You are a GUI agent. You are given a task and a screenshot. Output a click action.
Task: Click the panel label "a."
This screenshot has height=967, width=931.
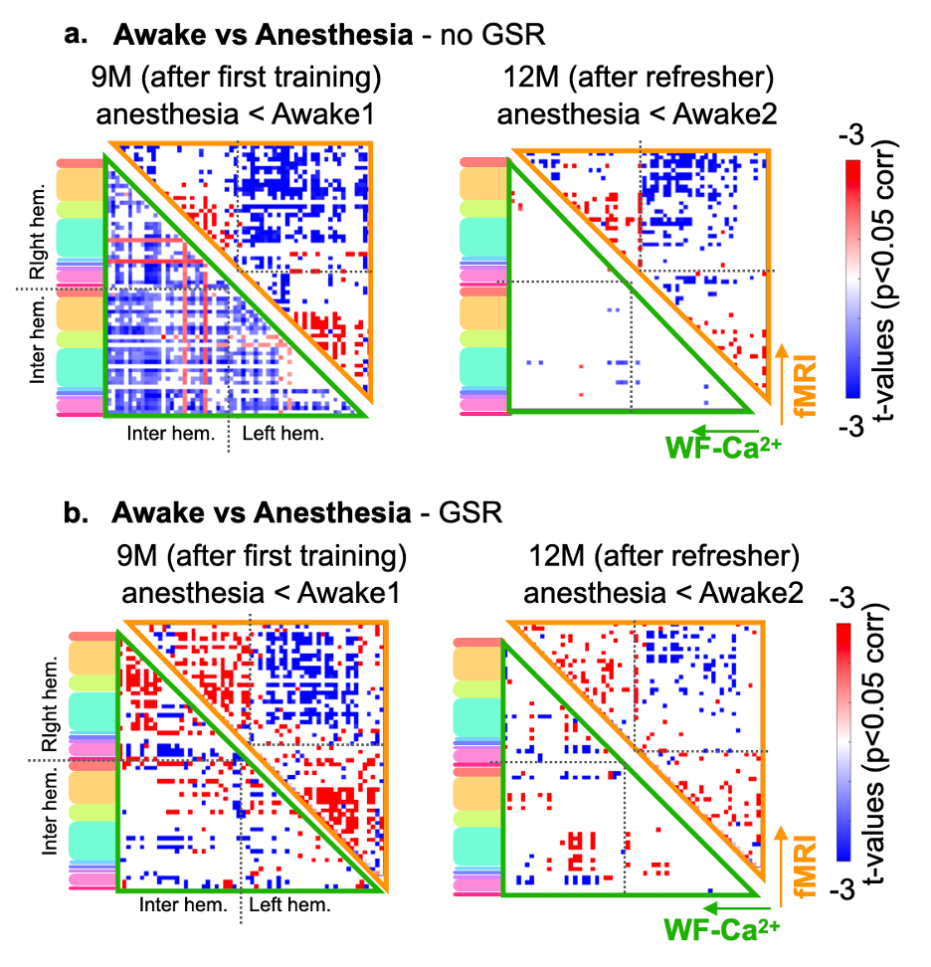[x=76, y=35]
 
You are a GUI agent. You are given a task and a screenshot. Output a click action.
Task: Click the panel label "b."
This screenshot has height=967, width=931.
[x=76, y=513]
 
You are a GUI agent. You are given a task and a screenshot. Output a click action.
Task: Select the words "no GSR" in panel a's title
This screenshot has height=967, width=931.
[x=492, y=35]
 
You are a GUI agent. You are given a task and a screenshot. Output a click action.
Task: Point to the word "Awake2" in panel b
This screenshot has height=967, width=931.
[x=751, y=593]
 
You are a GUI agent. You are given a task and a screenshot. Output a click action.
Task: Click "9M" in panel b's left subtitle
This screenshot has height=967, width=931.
[x=137, y=556]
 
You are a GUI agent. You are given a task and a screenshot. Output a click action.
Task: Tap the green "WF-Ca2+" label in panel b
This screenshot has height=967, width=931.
[x=722, y=929]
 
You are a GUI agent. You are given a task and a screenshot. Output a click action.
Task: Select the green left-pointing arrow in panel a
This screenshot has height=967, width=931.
[x=725, y=431]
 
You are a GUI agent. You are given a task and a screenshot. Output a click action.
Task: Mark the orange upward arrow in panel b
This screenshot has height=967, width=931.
[x=781, y=867]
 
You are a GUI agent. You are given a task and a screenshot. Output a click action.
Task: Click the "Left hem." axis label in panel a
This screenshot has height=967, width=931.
[x=283, y=434]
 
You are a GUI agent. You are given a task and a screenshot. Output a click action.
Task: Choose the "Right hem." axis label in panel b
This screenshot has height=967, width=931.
[x=50, y=703]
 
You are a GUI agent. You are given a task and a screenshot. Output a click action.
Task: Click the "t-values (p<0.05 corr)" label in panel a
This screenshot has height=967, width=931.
[x=885, y=282]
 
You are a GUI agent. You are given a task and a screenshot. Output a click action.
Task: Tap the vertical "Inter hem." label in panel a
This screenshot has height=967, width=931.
[x=37, y=341]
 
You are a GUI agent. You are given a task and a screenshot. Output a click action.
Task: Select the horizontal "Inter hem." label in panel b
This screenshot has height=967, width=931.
[x=183, y=904]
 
